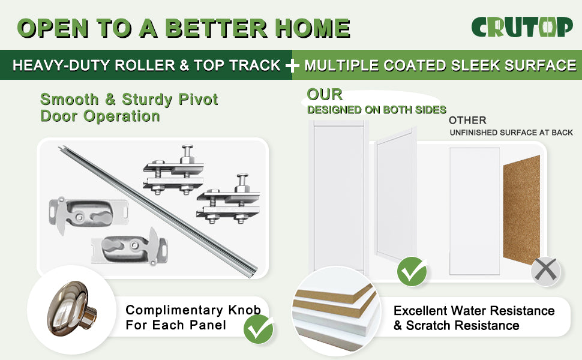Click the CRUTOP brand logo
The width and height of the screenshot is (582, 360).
pos(522,27)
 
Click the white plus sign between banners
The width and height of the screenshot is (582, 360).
pos(292,65)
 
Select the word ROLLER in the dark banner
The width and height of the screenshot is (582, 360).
pos(145,65)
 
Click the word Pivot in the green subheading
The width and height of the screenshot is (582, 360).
pos(198,100)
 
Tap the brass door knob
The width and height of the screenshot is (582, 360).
pos(71,308)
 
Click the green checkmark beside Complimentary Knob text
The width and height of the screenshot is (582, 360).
pos(259,329)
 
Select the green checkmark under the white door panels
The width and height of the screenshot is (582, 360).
pos(412,271)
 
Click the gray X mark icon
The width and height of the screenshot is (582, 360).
pos(545,271)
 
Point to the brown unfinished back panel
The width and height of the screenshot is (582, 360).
pos(521,209)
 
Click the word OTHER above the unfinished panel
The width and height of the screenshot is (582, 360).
pos(467,120)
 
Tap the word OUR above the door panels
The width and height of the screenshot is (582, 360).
pos(325,94)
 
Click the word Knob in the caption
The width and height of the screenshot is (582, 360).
pos(245,310)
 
